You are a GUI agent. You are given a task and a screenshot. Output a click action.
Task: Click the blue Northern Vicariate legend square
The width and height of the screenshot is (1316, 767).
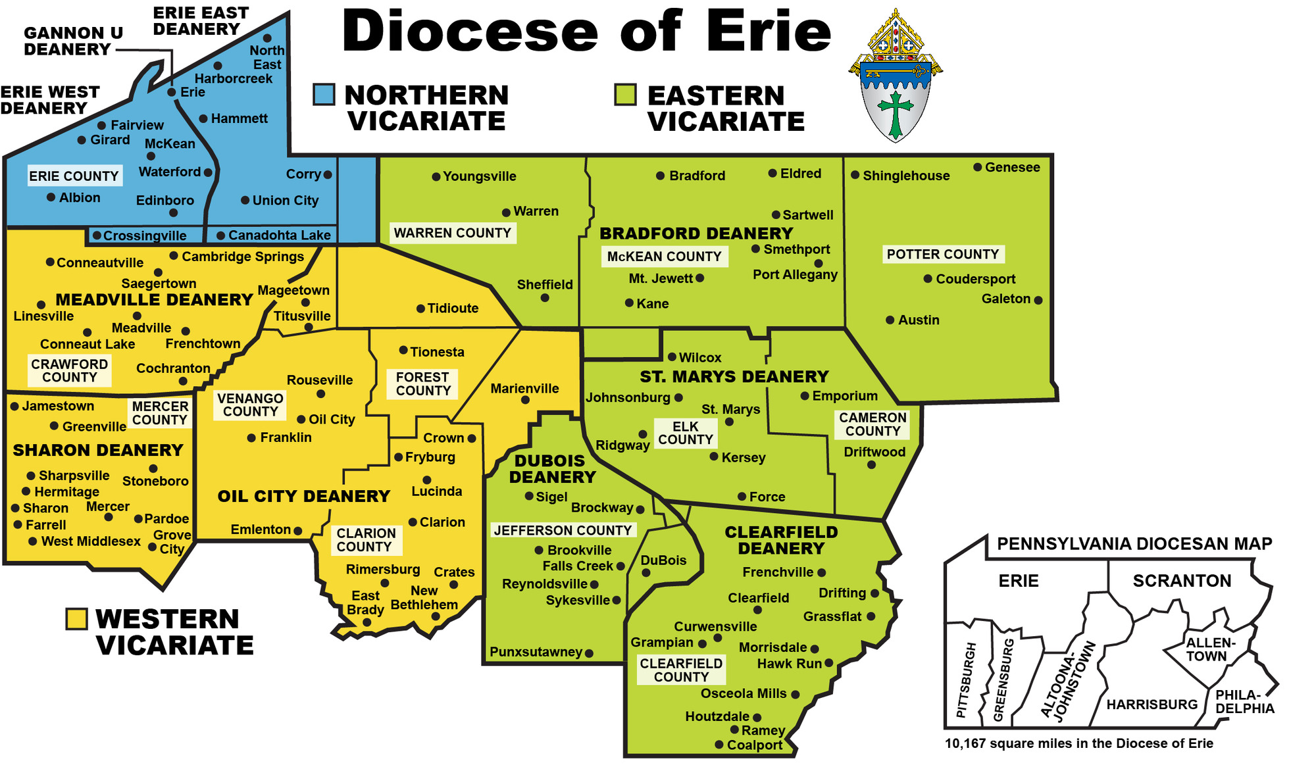[x=324, y=95]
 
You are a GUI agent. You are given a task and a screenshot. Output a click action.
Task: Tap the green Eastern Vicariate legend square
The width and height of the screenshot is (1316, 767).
[x=624, y=95]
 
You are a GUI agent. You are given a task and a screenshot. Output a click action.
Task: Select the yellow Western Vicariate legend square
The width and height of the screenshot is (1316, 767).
[x=77, y=618]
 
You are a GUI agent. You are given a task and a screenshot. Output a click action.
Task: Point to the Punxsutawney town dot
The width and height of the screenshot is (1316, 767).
[x=589, y=653]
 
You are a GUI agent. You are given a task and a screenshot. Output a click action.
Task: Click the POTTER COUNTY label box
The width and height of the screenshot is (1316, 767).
[x=942, y=254]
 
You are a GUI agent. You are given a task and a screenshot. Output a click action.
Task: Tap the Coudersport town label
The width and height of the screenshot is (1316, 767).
[x=975, y=279]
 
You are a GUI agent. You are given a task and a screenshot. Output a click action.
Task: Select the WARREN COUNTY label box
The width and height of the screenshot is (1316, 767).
[x=452, y=233]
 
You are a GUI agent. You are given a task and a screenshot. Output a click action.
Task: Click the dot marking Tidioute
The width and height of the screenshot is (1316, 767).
[x=420, y=309]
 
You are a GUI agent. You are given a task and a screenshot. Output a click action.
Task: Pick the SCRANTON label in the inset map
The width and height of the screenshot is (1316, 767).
[x=1182, y=581]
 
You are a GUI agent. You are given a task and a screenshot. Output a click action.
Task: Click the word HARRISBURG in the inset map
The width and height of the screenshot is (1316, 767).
[x=1151, y=705]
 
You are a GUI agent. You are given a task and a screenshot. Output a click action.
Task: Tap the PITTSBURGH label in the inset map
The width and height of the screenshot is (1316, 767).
[x=965, y=680]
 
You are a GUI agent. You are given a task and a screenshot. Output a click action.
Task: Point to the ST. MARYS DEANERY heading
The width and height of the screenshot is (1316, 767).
[x=734, y=376]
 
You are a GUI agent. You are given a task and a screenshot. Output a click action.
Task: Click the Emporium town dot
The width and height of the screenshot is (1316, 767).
[x=804, y=396]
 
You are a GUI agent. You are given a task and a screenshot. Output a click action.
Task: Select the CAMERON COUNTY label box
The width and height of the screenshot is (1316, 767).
[x=873, y=424]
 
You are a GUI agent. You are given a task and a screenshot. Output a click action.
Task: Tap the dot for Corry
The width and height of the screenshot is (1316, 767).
[x=328, y=174]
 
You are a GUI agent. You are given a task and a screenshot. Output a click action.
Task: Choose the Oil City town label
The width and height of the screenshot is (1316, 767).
[x=332, y=420]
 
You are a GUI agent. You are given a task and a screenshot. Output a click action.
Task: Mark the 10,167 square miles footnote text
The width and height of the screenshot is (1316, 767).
[x=1078, y=743]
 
